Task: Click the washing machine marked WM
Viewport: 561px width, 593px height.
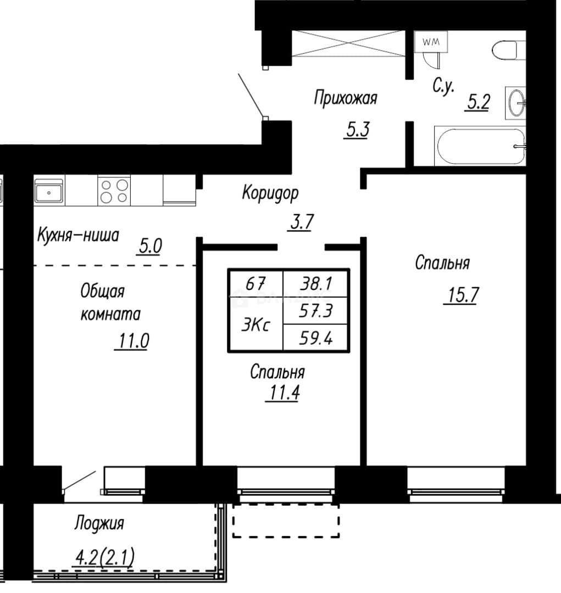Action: [x=431, y=42]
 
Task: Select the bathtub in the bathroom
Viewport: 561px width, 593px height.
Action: [x=480, y=147]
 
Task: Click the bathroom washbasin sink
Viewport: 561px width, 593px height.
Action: [x=515, y=103]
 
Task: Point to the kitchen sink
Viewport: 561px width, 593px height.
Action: [x=49, y=191]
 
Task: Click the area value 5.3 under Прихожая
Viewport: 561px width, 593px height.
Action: [x=357, y=131]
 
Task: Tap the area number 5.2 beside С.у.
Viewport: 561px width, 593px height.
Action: [x=478, y=102]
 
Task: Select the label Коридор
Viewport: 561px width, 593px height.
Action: [x=270, y=193]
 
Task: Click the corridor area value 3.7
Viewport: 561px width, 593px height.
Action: [x=301, y=222]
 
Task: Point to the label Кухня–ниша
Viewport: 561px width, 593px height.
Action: [x=78, y=235]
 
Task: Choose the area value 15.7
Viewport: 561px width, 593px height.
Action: [x=462, y=295]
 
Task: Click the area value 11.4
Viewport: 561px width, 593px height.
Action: [x=283, y=393]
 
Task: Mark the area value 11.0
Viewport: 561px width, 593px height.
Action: [x=132, y=341]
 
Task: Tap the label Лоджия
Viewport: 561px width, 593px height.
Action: [x=99, y=524]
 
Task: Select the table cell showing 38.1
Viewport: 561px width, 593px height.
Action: [x=316, y=283]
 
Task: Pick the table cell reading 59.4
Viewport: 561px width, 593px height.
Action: [x=316, y=338]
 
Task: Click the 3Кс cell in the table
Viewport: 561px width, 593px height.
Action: [x=256, y=325]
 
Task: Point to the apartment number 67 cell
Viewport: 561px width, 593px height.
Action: [x=256, y=283]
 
